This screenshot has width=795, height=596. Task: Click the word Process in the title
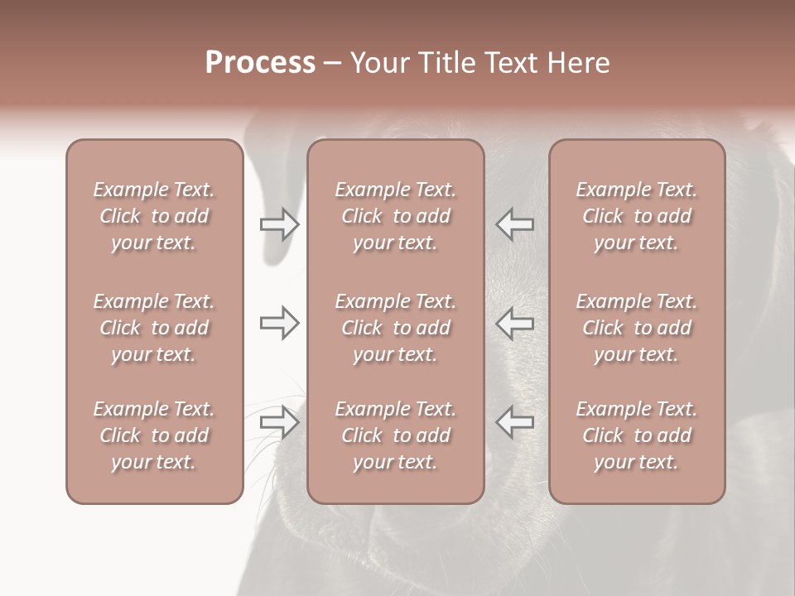click(260, 63)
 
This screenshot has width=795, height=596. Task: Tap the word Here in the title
click(579, 63)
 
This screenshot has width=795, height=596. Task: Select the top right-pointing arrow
click(279, 224)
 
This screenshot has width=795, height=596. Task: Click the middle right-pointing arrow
click(279, 323)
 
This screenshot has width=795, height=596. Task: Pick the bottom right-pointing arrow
click(279, 422)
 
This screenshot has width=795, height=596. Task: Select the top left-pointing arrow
click(515, 224)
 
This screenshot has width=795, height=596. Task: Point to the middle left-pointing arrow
click(515, 323)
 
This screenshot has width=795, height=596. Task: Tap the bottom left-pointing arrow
click(515, 422)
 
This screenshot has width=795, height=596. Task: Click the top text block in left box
click(154, 216)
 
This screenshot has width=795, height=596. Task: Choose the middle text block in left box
click(154, 328)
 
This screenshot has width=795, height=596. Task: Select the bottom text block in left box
click(154, 435)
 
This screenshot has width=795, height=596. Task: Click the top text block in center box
click(395, 216)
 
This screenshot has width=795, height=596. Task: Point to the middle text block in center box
click(395, 328)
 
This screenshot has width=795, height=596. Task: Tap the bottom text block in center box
click(395, 435)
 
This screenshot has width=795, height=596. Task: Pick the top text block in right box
click(637, 216)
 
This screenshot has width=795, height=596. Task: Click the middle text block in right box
click(637, 328)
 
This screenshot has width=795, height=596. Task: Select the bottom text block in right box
click(637, 435)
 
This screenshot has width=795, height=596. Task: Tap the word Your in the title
click(377, 63)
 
